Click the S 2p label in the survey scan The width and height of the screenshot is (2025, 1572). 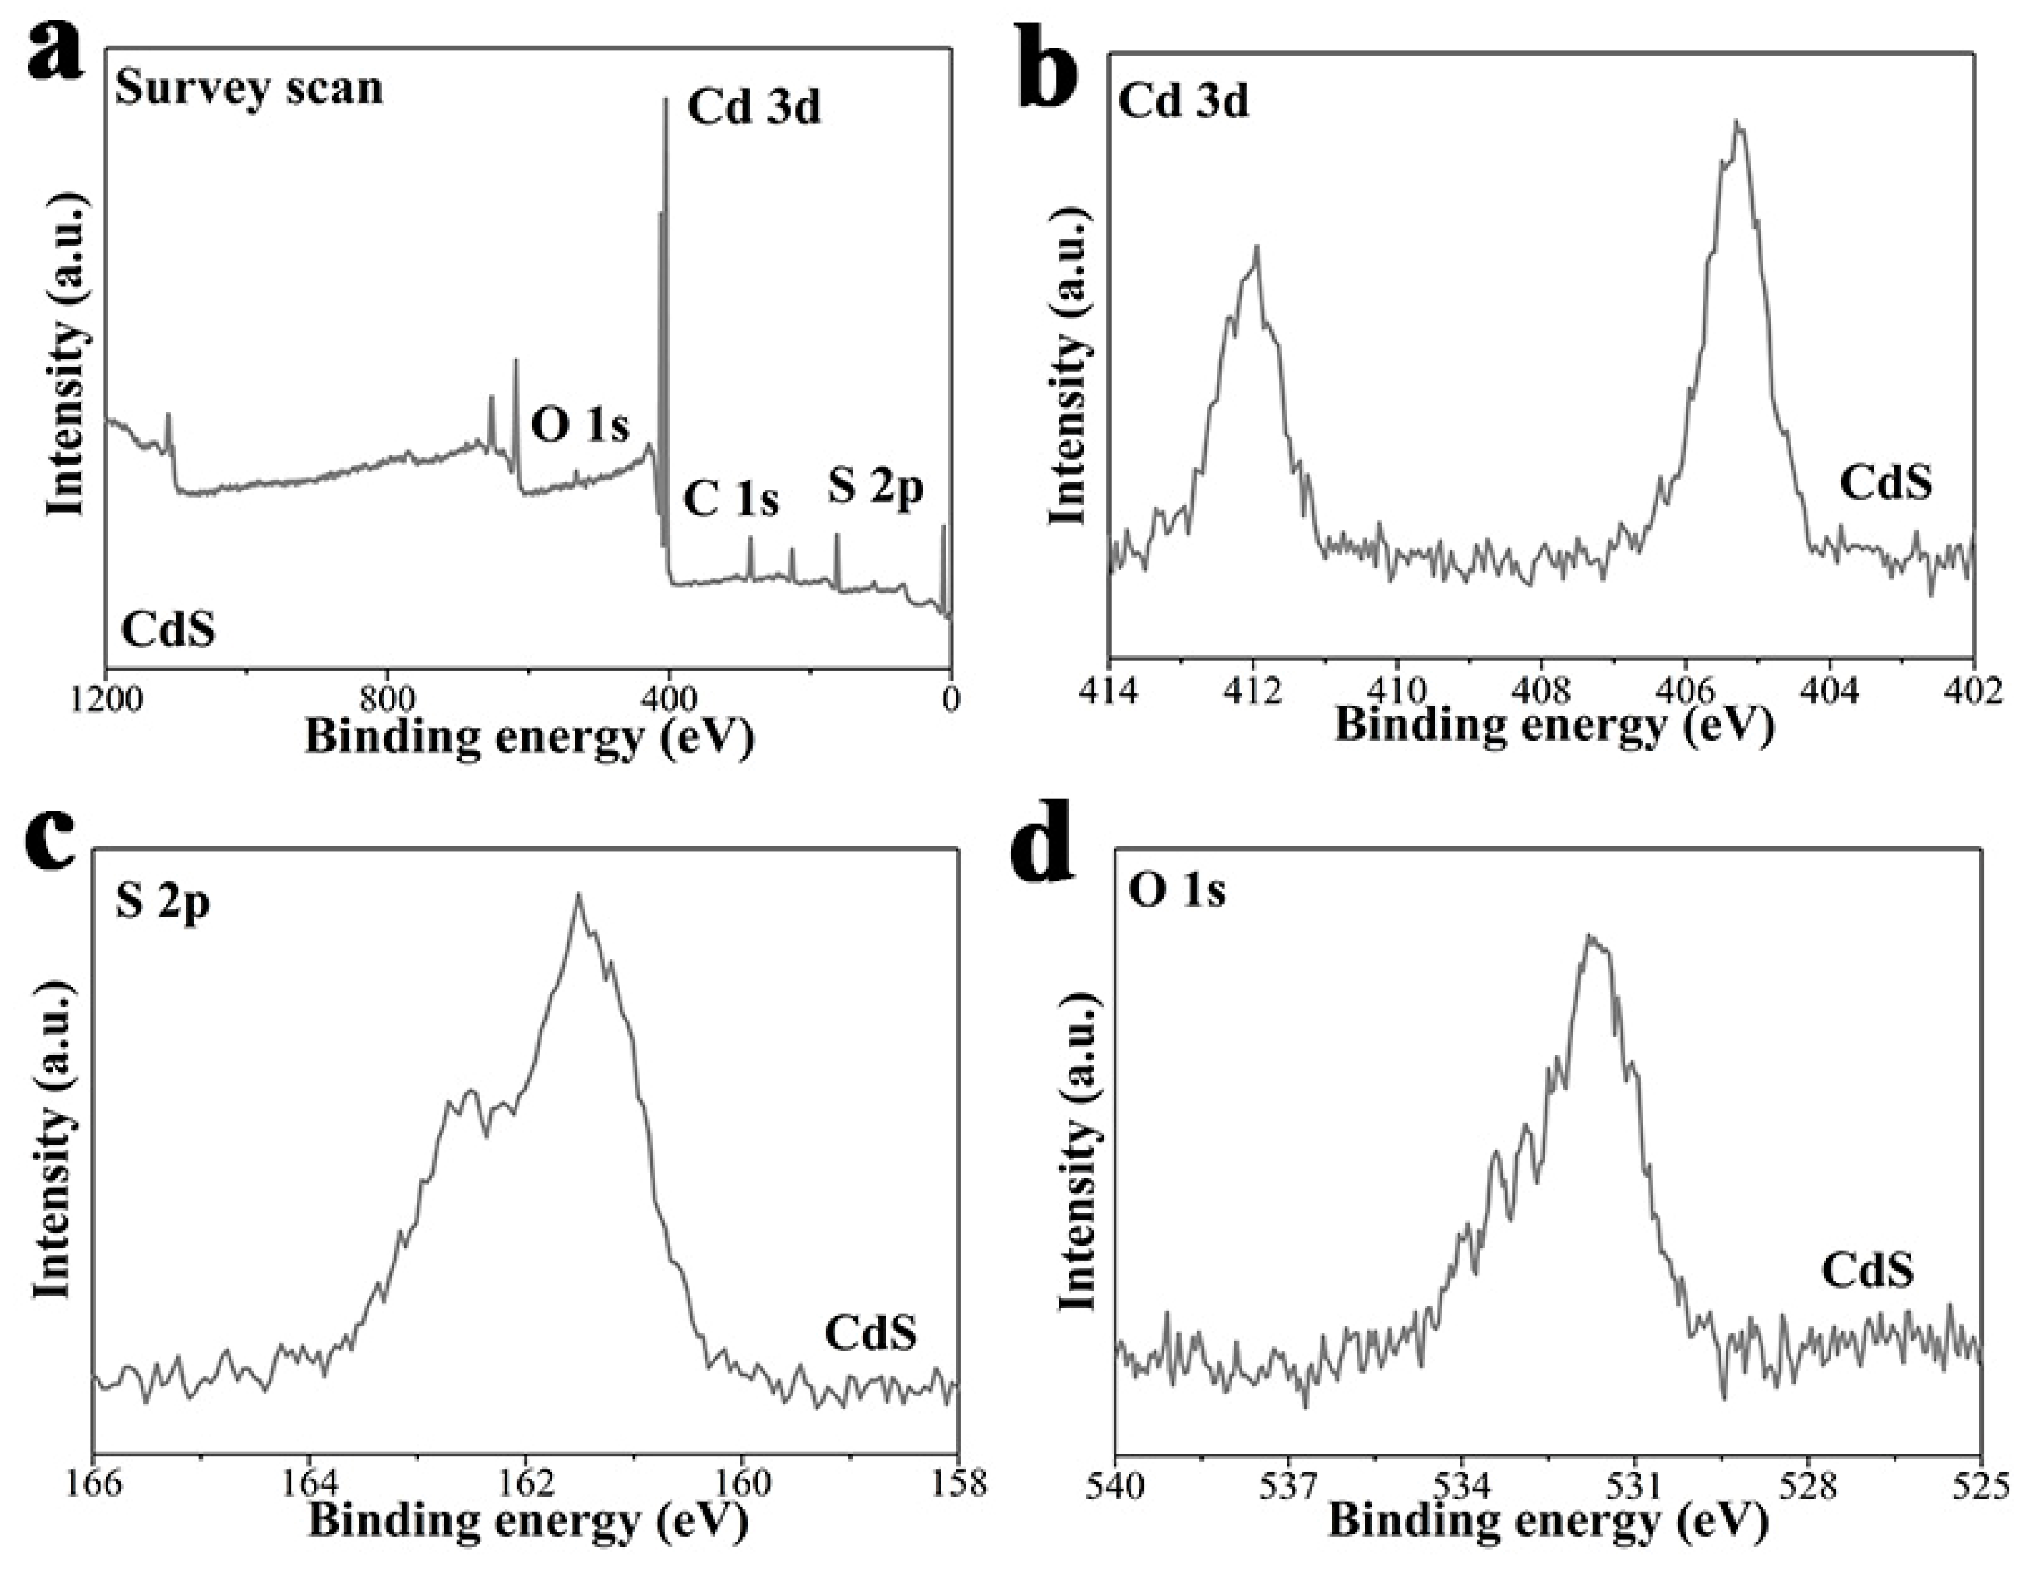coord(875,488)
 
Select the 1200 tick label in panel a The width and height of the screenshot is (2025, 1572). coord(110,697)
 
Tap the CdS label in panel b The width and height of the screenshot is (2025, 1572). coord(1886,483)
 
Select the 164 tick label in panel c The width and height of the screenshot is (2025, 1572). coord(308,1483)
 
